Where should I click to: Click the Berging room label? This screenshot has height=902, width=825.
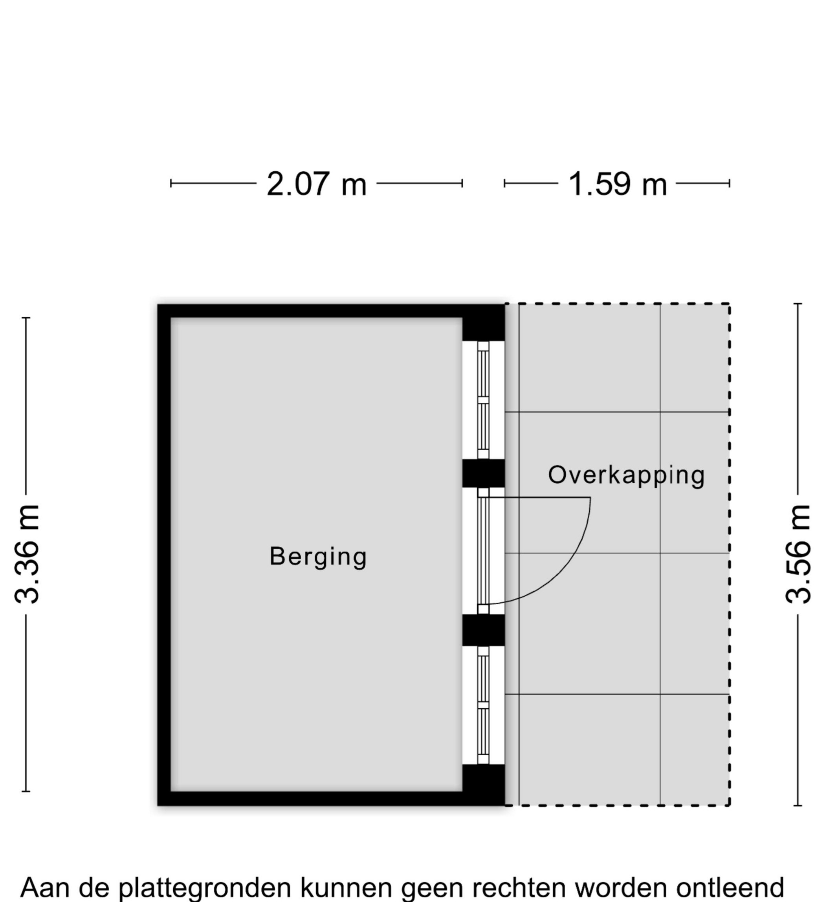(x=318, y=557)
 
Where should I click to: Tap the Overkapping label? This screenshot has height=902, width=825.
(x=626, y=476)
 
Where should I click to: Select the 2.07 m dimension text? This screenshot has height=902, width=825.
(x=316, y=184)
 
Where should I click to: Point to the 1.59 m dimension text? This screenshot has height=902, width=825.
(x=618, y=184)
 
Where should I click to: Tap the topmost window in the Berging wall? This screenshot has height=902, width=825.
(x=483, y=400)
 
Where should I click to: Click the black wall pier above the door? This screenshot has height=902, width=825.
(x=483, y=473)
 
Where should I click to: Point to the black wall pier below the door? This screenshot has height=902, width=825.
(x=483, y=630)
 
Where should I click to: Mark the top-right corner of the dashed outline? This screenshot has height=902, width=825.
(x=730, y=304)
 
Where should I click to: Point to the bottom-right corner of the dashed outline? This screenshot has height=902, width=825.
(x=730, y=805)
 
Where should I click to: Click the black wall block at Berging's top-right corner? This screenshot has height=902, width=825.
(x=483, y=323)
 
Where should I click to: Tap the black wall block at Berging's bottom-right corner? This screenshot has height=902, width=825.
(x=483, y=785)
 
